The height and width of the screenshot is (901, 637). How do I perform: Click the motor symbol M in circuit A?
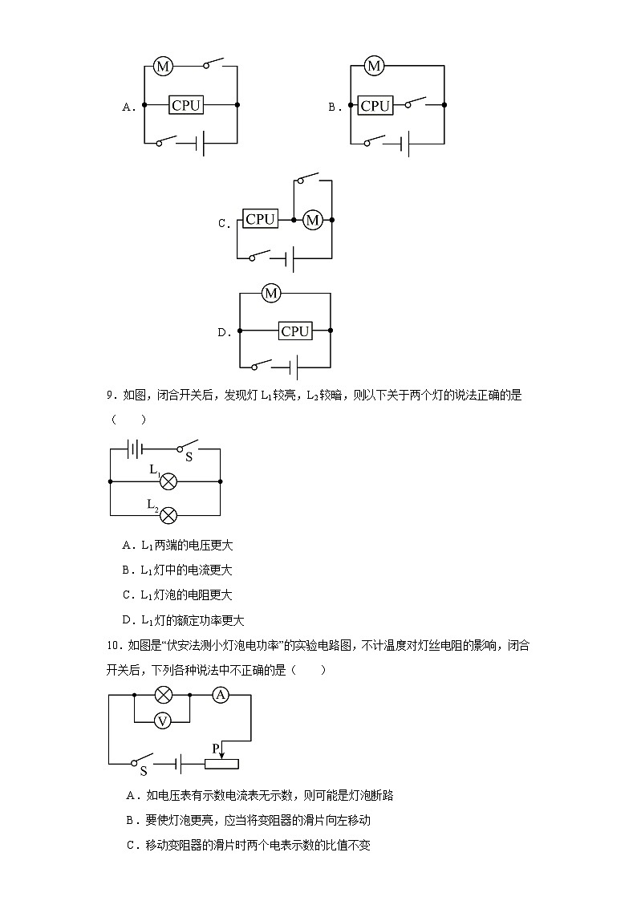[163, 66]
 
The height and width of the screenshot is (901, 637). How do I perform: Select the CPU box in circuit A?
[186, 105]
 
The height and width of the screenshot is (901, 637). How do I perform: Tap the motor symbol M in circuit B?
[373, 66]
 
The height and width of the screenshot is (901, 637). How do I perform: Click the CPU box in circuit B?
[375, 105]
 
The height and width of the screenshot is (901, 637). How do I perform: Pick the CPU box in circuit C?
[260, 219]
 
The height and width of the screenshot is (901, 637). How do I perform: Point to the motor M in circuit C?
[312, 220]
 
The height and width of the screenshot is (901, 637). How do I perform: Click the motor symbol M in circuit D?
[271, 294]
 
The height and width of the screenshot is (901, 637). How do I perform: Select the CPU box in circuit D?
[295, 331]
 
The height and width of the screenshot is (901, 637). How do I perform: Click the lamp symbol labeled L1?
[168, 481]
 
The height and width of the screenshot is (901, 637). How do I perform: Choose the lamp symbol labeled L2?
[168, 515]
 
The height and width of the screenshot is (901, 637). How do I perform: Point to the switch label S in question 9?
[189, 457]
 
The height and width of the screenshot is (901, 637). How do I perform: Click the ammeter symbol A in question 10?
[221, 695]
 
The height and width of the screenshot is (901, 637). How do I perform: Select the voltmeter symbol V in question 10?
[163, 721]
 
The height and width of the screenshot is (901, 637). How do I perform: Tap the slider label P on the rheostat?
[215, 748]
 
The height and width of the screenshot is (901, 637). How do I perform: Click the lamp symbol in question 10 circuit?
[163, 695]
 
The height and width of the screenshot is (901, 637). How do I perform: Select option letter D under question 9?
[127, 620]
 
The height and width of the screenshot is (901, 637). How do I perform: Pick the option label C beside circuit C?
[223, 224]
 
